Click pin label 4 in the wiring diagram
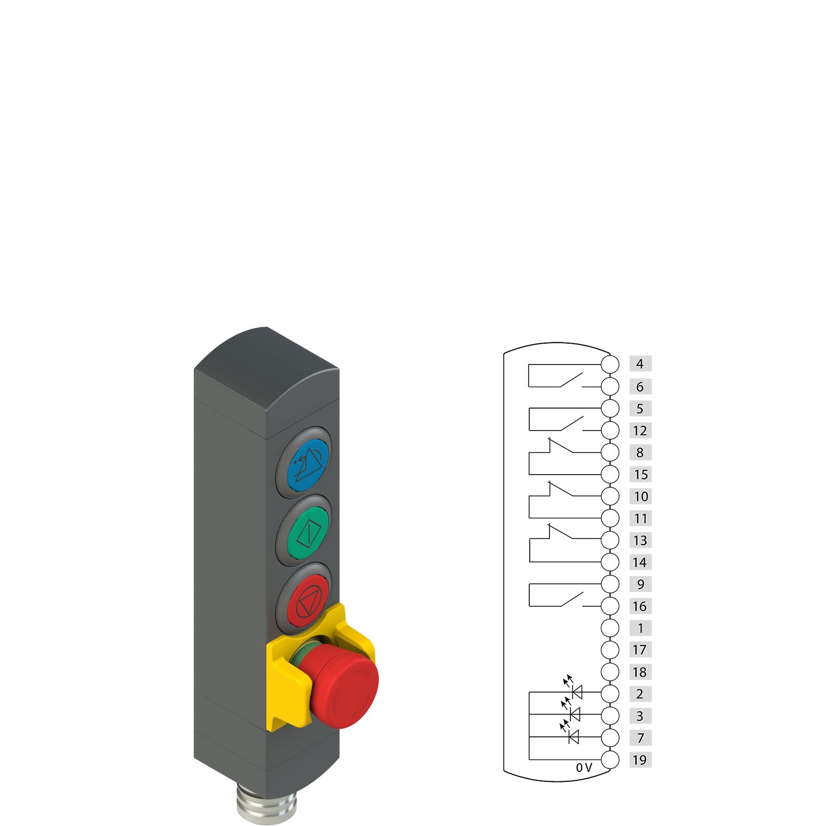640,364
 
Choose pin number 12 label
640,431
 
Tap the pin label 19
640,760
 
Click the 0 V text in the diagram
584,768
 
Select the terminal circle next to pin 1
610,628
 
